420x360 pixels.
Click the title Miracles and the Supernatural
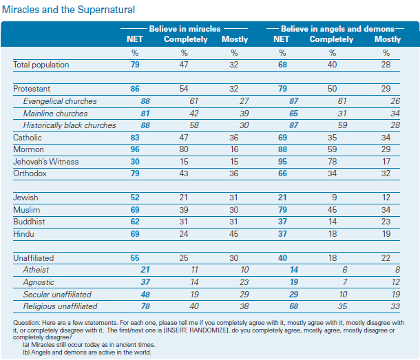pos(68,10)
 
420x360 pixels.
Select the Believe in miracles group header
pos(185,29)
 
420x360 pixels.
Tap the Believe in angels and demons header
pos(337,29)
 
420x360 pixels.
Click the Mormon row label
pos(28,149)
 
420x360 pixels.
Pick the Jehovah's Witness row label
pos(46,162)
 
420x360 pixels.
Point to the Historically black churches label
pos(70,125)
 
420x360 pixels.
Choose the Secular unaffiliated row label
pos(57,295)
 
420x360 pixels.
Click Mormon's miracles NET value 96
pos(135,149)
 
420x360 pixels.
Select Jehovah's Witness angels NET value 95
pos(282,162)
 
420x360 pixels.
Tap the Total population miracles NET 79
pos(135,65)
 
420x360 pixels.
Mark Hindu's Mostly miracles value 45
pos(234,234)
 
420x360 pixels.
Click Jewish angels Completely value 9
pos(335,198)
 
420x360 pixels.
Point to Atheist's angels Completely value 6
pos(345,270)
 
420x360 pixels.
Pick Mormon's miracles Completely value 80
pos(184,149)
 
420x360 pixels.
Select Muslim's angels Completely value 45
pos(332,210)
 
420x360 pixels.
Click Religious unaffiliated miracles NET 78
pos(145,306)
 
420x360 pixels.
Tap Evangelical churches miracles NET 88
pos(145,101)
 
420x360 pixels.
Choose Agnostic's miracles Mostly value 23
pos(244,282)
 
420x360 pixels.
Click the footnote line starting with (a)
pos(89,345)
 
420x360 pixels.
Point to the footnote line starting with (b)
pos(87,352)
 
